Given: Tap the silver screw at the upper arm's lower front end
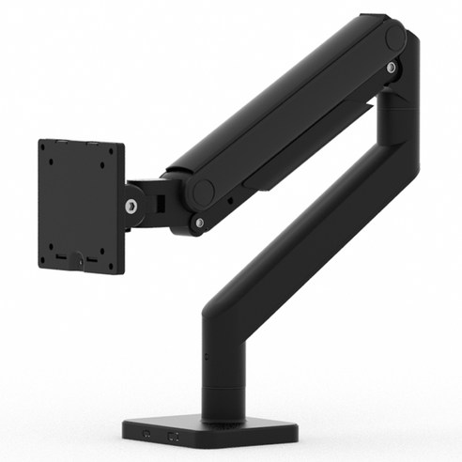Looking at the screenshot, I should [x=199, y=222].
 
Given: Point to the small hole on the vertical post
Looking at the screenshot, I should [x=206, y=358].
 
